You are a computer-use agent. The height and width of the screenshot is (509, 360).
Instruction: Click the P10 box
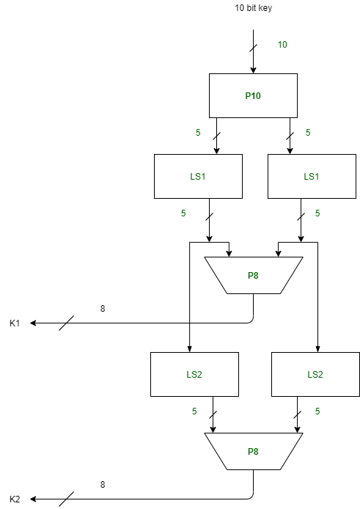[253, 95]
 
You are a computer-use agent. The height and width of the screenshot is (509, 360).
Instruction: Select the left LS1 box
[198, 176]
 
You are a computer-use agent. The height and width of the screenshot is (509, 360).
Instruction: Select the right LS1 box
[312, 176]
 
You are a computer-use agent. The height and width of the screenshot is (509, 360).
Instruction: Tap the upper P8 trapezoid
[253, 276]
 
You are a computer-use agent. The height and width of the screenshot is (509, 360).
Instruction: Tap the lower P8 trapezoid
[253, 451]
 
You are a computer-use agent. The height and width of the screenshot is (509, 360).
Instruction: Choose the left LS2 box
[194, 374]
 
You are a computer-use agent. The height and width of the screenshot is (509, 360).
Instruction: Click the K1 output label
[15, 323]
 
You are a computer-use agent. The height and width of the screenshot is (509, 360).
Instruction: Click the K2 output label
[15, 499]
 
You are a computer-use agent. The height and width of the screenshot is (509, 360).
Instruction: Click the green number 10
[282, 45]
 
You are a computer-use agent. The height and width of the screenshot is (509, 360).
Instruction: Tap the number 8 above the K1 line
[103, 309]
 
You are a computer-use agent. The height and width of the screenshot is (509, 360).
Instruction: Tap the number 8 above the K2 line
[103, 485]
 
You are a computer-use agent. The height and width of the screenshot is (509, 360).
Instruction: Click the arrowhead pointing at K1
[34, 323]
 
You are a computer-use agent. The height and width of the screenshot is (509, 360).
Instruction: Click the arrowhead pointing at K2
[34, 499]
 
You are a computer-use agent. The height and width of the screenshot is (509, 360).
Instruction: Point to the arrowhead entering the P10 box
[253, 70]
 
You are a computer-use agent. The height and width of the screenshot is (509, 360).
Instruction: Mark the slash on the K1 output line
[66, 323]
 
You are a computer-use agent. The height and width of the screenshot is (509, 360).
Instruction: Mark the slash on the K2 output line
[66, 499]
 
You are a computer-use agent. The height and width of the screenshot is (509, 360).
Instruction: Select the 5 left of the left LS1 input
[198, 133]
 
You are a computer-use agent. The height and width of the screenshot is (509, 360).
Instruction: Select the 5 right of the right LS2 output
[317, 411]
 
